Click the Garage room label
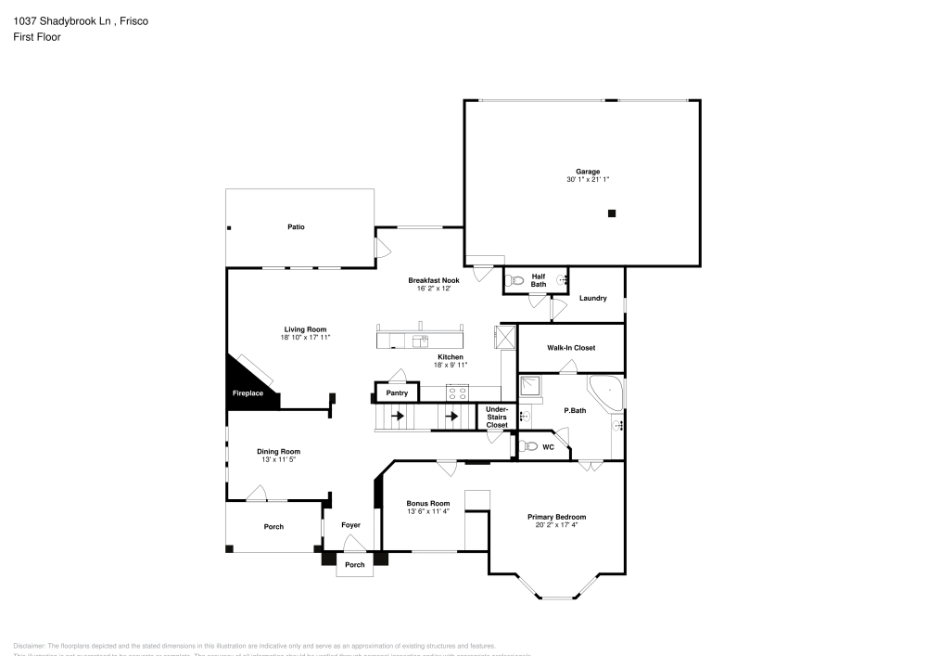pyautogui.click(x=588, y=171)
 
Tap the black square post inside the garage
pyautogui.click(x=612, y=213)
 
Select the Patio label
pyautogui.click(x=296, y=227)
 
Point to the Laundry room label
pyautogui.click(x=592, y=298)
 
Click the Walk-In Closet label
pyautogui.click(x=571, y=348)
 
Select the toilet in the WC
pyautogui.click(x=528, y=446)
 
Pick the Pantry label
pyautogui.click(x=397, y=393)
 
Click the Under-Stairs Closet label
pyautogui.click(x=497, y=418)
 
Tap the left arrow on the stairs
pyautogui.click(x=399, y=417)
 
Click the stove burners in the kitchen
pyautogui.click(x=457, y=392)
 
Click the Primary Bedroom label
pyautogui.click(x=556, y=517)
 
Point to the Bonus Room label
pyautogui.click(x=428, y=503)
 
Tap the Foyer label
pyautogui.click(x=350, y=525)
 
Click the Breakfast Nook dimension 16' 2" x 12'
pyautogui.click(x=433, y=289)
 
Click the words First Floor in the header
pyautogui.click(x=37, y=37)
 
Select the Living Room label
pyautogui.click(x=305, y=329)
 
